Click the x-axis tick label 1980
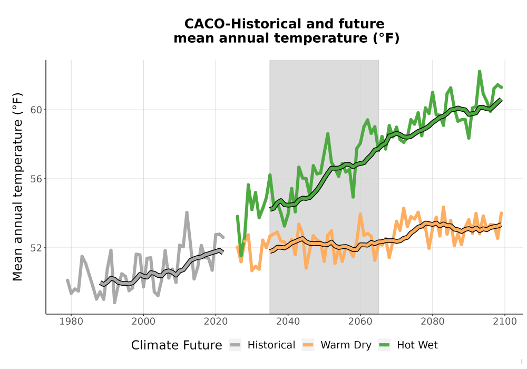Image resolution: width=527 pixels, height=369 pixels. tap(71, 322)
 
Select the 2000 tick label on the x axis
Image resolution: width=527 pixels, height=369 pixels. tap(143, 322)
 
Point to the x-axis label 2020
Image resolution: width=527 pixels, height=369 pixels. tap(216, 322)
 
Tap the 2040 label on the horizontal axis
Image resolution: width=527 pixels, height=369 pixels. tap(288, 322)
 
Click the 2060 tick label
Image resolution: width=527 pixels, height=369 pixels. tap(360, 322)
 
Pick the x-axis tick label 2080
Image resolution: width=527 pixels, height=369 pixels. tap(433, 322)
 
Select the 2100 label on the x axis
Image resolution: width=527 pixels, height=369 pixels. tap(505, 322)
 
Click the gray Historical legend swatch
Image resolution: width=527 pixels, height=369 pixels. tap(235, 345)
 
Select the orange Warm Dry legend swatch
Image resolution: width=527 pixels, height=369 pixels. tap(308, 345)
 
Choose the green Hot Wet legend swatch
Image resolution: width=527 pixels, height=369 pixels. tap(384, 345)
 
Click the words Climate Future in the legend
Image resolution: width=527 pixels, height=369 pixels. tap(177, 345)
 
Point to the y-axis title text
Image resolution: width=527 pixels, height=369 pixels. tap(17, 187)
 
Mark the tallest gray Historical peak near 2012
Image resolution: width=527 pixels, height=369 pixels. tap(187, 212)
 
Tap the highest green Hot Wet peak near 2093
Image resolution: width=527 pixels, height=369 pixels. tap(480, 71)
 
